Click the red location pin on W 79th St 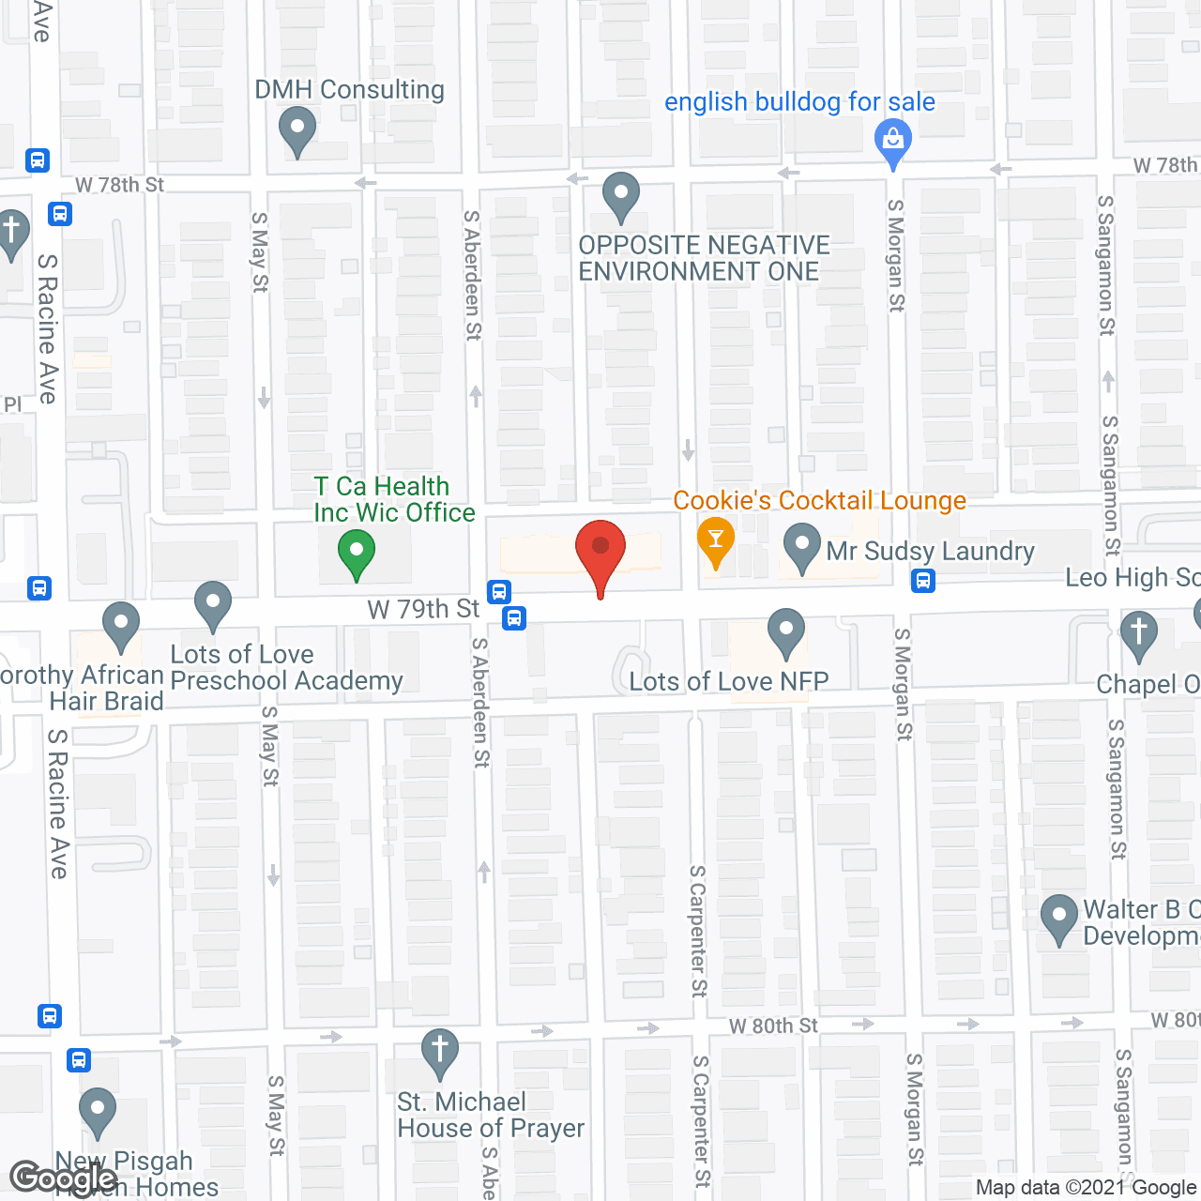pyautogui.click(x=600, y=553)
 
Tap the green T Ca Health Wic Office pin pyautogui.click(x=356, y=554)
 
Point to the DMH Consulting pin pyautogui.click(x=297, y=132)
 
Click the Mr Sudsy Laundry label pyautogui.click(x=930, y=551)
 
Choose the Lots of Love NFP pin pyautogui.click(x=786, y=633)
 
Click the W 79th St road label pyautogui.click(x=423, y=609)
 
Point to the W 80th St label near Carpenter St pyautogui.click(x=774, y=1026)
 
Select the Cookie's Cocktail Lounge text pyautogui.click(x=819, y=501)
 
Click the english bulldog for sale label pyautogui.click(x=799, y=101)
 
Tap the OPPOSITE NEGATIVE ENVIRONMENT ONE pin pyautogui.click(x=620, y=196)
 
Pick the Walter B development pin pyautogui.click(x=1059, y=920)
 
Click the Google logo pyautogui.click(x=63, y=1178)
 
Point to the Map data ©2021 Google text pyautogui.click(x=1087, y=1188)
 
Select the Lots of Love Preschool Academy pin pyautogui.click(x=213, y=605)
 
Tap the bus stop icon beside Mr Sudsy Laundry pyautogui.click(x=923, y=582)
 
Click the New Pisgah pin pyautogui.click(x=97, y=1112)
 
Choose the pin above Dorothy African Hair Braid pyautogui.click(x=121, y=626)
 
